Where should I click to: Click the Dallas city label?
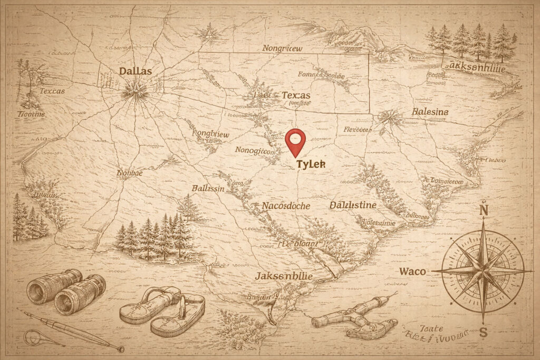[x=135, y=71]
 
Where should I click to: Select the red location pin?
[x=295, y=141]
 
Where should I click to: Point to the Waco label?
[x=412, y=272]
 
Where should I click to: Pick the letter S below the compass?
[x=483, y=332]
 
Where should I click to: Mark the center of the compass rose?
[x=483, y=271]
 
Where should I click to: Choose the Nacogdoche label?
[x=286, y=206]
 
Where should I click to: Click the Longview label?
[x=210, y=134]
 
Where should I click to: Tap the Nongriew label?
[x=283, y=48]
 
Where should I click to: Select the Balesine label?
[x=429, y=112]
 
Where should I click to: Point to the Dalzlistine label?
[x=353, y=205]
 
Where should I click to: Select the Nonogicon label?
[x=255, y=151]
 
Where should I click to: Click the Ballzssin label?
[x=208, y=189]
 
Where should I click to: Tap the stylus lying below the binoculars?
[x=69, y=330]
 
